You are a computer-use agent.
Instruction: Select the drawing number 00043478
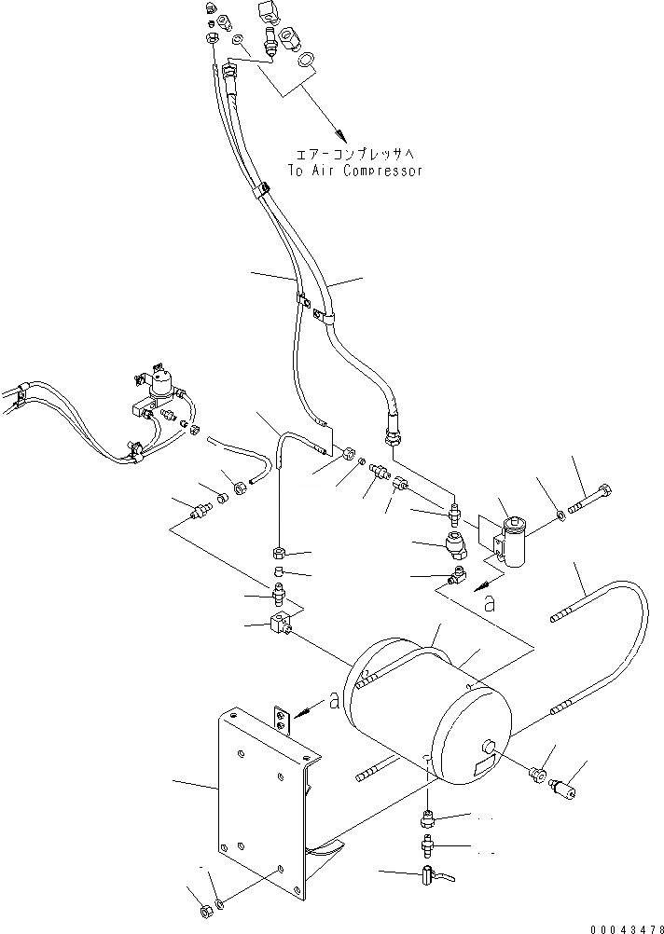point(626,927)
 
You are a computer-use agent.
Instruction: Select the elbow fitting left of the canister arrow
point(458,578)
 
